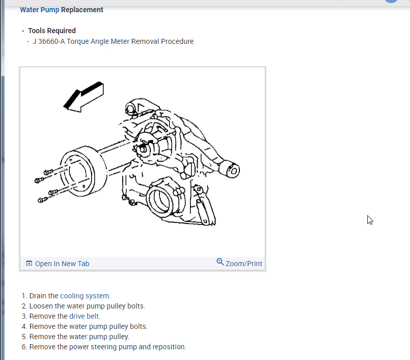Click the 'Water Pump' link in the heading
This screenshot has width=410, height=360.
[39, 10]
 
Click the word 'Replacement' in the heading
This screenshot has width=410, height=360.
[82, 10]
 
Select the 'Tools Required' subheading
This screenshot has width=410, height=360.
[52, 31]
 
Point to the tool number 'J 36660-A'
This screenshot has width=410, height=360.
[49, 41]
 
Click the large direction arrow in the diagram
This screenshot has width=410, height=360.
[84, 96]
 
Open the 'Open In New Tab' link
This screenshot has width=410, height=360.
[62, 264]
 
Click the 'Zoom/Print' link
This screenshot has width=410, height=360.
[243, 264]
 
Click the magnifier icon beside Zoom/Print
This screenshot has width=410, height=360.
[220, 262]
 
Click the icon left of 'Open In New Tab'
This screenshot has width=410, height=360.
[29, 264]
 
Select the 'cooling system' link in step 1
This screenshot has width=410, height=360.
[85, 296]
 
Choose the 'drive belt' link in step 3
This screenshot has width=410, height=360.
[85, 316]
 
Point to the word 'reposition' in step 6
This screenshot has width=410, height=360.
[169, 347]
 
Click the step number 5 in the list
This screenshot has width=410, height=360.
[24, 337]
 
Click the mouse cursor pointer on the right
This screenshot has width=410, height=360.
[370, 220]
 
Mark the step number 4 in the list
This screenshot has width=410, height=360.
[24, 326]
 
